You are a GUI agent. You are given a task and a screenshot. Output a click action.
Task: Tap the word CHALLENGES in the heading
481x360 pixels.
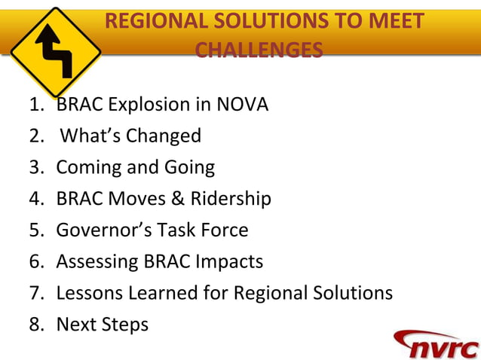tap(259, 50)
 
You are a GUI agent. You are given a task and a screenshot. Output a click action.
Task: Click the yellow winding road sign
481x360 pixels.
tap(55, 51)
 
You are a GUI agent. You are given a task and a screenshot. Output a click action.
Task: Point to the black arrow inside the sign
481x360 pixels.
tap(57, 51)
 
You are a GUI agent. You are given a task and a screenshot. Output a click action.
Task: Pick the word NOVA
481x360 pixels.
tap(242, 105)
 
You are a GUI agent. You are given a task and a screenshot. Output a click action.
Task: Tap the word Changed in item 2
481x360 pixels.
tap(164, 136)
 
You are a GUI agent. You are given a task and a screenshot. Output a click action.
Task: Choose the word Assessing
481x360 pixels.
tap(97, 261)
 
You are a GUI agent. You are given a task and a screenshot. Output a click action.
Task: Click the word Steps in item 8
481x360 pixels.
tap(125, 324)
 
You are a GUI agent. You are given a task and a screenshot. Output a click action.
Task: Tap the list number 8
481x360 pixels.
tap(35, 324)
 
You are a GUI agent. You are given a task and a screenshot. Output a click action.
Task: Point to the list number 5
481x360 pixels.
tap(35, 230)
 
